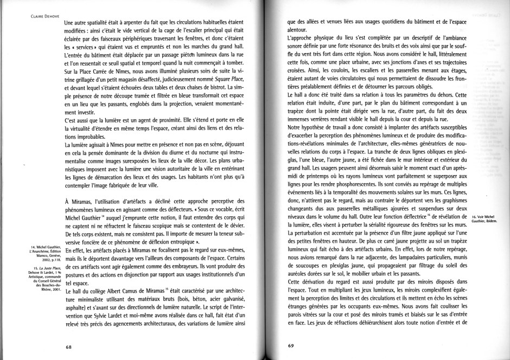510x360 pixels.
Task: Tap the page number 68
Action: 69,346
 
